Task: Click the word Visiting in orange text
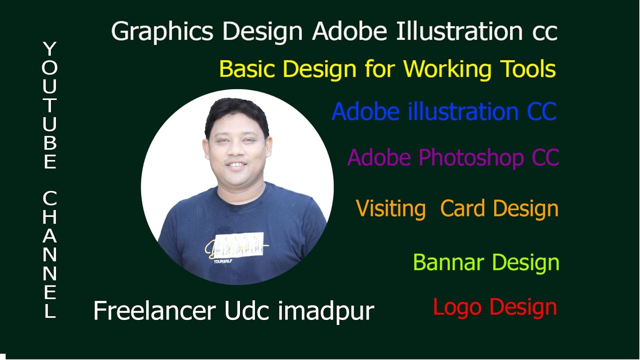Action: click(390, 208)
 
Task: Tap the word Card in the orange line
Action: click(462, 208)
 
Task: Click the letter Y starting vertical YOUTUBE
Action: click(49, 49)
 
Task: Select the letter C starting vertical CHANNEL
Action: click(49, 198)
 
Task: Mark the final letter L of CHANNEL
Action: click(49, 311)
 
